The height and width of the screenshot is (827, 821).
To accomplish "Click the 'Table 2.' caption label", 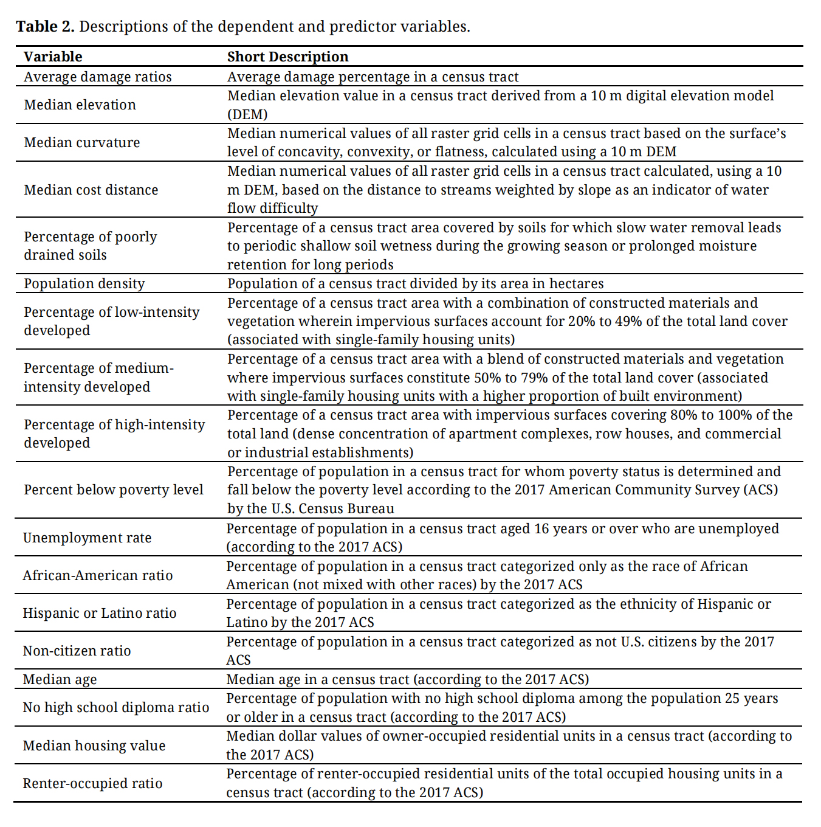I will [x=45, y=27].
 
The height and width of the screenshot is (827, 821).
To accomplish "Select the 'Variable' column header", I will [x=53, y=57].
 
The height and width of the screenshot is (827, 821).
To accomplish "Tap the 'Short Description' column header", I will [x=287, y=57].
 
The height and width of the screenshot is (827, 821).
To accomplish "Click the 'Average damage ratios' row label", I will [x=98, y=77].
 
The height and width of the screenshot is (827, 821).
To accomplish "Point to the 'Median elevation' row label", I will [x=80, y=105].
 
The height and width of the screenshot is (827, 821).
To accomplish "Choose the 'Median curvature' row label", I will [x=82, y=142].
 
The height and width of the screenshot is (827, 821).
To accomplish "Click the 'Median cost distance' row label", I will [x=91, y=190].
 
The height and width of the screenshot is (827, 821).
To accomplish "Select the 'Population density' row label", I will [x=84, y=283].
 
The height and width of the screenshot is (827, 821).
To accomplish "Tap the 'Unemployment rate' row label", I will [x=87, y=538].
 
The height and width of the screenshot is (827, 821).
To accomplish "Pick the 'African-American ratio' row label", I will [x=98, y=575].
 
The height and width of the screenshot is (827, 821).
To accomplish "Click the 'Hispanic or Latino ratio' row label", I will [x=100, y=613].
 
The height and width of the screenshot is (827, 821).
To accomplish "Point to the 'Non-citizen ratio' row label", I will [x=77, y=651].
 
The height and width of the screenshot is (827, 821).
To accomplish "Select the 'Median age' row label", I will [x=60, y=679].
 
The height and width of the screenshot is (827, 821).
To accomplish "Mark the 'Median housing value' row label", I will [x=94, y=746].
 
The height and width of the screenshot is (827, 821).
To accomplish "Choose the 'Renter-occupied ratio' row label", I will [x=92, y=783].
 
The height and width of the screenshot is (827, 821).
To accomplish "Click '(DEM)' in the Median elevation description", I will [x=247, y=114].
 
